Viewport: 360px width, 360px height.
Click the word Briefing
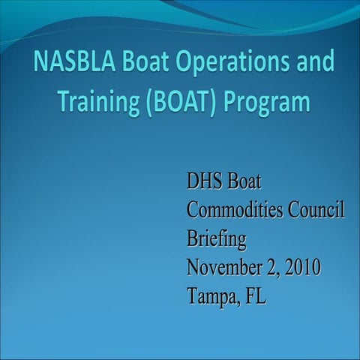(x=216, y=239)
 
